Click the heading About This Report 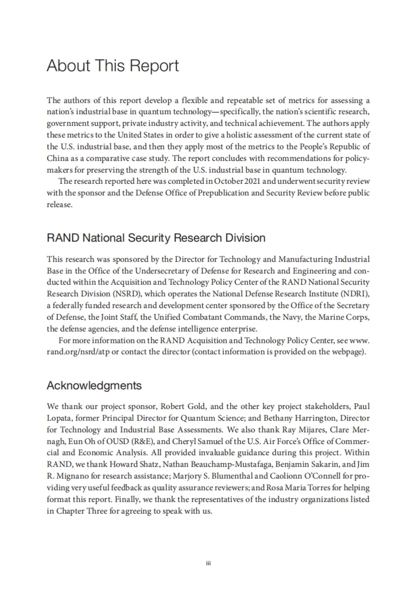click(x=113, y=66)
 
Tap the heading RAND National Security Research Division click(x=156, y=238)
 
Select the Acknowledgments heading click(x=94, y=385)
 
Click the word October click(x=228, y=181)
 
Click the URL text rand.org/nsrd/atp click(x=78, y=352)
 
